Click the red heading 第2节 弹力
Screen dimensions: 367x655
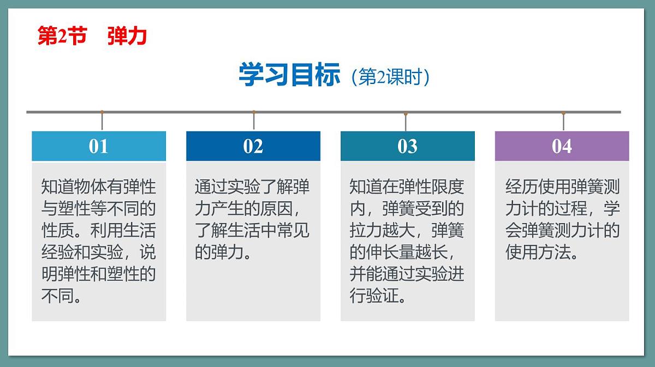click(92, 37)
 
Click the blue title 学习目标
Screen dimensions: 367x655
click(289, 75)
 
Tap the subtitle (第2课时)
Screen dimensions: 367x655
click(391, 77)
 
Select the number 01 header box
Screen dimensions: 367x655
click(99, 146)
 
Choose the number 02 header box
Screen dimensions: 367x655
click(253, 146)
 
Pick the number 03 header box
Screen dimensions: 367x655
click(408, 146)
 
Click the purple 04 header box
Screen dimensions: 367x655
click(562, 146)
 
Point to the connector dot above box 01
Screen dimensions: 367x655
click(102, 112)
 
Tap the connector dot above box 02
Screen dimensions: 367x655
click(254, 112)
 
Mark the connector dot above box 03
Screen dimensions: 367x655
click(406, 113)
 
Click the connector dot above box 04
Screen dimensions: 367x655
click(563, 113)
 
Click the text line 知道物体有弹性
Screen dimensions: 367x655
click(99, 187)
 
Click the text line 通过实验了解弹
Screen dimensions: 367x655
click(253, 187)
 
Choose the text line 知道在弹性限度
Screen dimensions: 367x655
click(407, 187)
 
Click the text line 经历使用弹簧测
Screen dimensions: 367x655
click(562, 187)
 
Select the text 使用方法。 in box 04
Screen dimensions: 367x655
click(542, 252)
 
